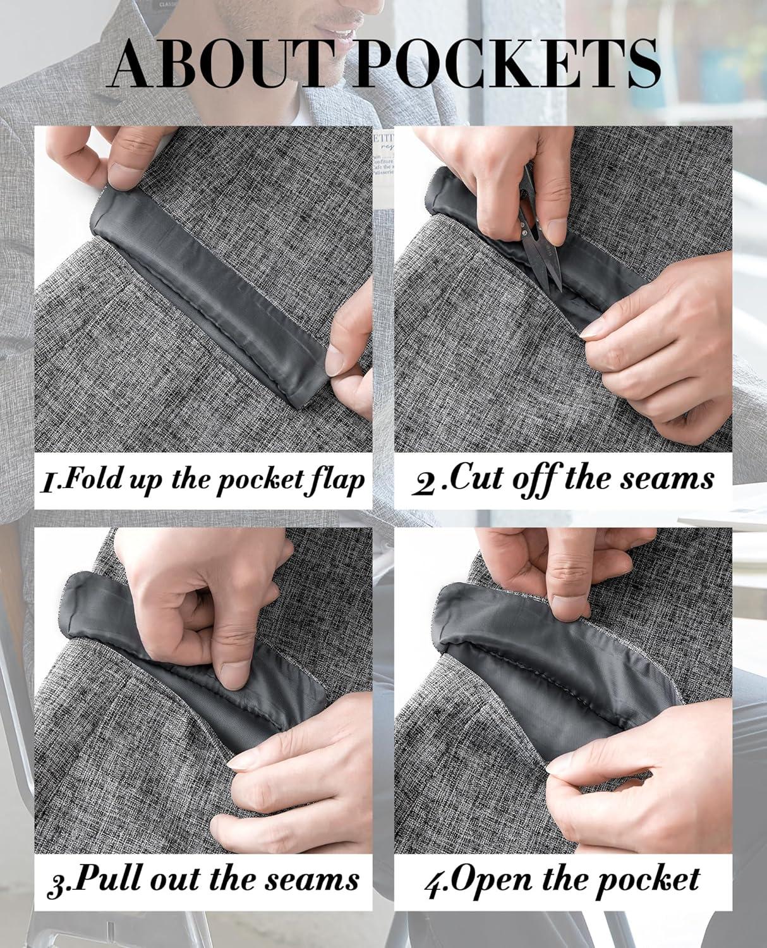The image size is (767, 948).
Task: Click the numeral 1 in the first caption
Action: point(48,482)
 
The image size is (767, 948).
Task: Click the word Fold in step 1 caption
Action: point(89,479)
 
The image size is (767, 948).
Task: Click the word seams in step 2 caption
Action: point(667,480)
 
